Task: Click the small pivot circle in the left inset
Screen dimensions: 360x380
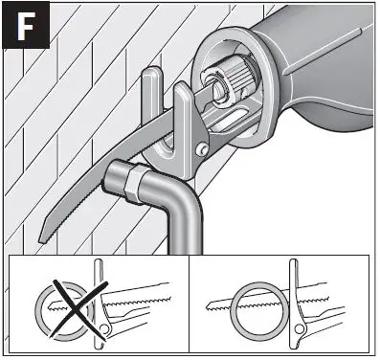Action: click(104, 332)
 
